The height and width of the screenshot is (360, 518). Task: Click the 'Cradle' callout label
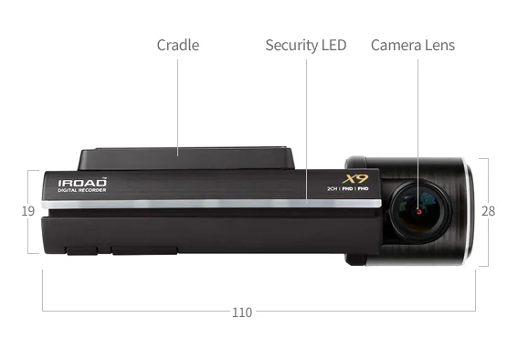177,45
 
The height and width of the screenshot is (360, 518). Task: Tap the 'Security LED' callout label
306,45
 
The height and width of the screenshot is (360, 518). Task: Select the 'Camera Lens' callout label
412,45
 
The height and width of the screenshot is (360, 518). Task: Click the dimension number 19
28,211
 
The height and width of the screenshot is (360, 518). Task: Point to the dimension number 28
488,211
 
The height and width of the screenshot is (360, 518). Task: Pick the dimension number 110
241,312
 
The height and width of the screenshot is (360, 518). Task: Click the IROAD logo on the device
82,183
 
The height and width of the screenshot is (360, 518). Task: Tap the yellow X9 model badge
354,179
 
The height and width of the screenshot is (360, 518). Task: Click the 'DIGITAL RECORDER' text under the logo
82,191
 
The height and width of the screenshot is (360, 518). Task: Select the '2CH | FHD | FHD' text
347,189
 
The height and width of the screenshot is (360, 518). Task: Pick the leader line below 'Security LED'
306,128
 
